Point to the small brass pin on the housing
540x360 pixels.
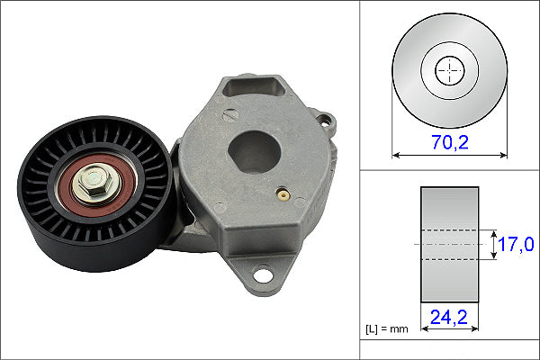[283, 193]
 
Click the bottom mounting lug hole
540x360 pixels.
[264, 274]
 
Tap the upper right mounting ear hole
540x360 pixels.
[324, 120]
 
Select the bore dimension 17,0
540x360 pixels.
[517, 244]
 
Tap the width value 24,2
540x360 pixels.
[450, 318]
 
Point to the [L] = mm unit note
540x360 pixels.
[388, 328]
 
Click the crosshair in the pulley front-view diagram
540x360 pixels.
[448, 71]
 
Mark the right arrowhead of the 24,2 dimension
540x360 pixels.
[476, 328]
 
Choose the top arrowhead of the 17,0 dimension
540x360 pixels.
[495, 231]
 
